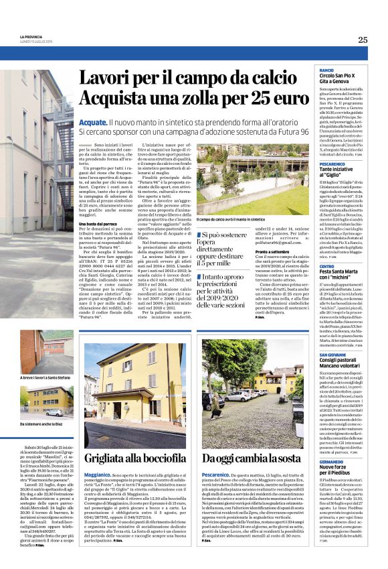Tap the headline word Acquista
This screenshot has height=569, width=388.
coord(120,101)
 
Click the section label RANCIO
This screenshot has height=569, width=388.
coord(326,70)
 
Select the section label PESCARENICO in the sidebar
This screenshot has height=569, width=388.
coord(332,163)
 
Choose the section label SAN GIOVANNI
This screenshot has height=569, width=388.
coord(333,354)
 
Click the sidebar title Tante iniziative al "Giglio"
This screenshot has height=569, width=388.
coord(341,172)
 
